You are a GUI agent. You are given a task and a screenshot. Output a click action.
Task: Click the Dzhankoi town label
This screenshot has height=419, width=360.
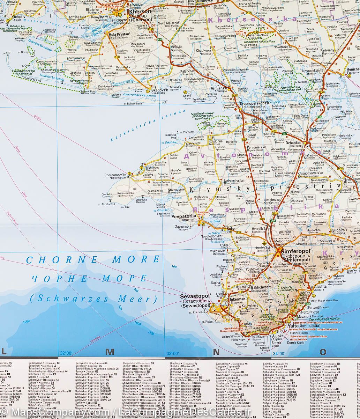click(293, 143)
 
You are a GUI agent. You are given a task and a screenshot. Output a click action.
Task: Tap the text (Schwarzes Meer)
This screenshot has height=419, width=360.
click(93, 299)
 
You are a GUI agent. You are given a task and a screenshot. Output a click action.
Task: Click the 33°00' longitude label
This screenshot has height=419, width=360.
click(173, 353)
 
